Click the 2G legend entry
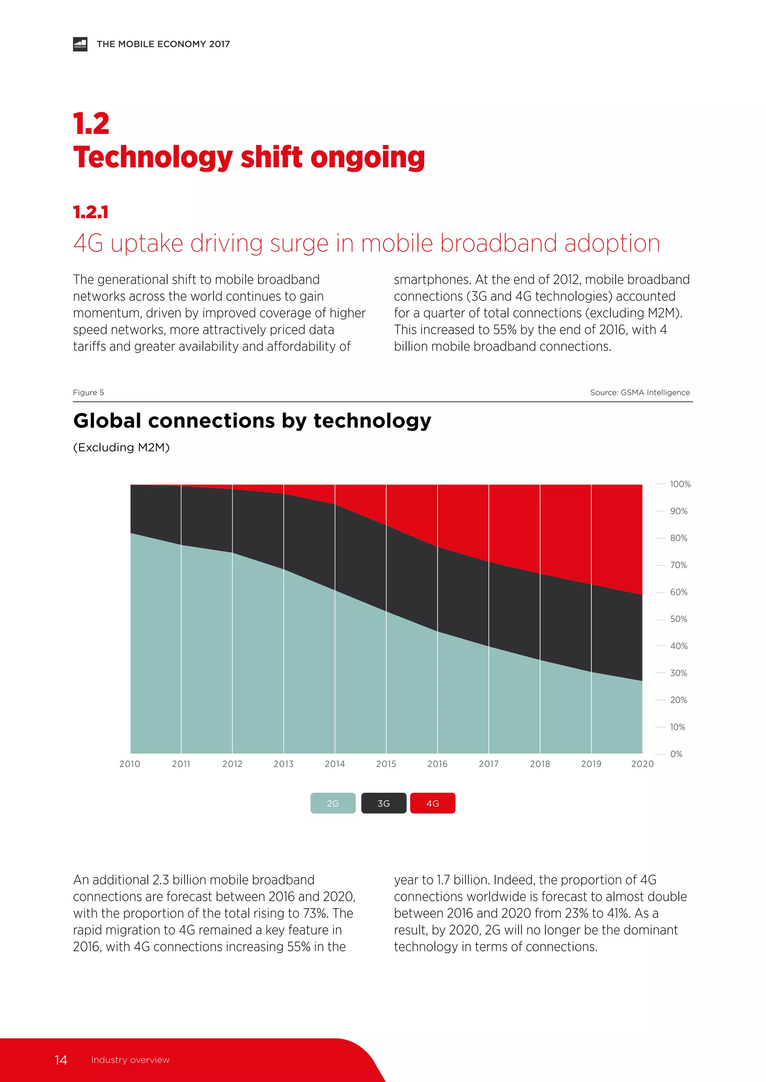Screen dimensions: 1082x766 point(333,803)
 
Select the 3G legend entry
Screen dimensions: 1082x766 point(383,803)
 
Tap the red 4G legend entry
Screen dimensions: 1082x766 point(432,803)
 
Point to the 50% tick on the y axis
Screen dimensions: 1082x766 point(678,619)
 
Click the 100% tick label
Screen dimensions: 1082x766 point(680,484)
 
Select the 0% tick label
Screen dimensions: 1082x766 point(676,754)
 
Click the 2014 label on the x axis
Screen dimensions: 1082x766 point(334,764)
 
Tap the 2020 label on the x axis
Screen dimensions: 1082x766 point(642,764)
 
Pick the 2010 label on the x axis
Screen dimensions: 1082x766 point(130,764)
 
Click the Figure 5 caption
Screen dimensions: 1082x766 point(88,393)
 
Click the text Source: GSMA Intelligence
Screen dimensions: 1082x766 point(640,393)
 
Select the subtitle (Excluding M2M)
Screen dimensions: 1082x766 point(121,447)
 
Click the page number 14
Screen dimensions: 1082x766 point(61,1060)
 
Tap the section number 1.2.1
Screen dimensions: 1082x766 point(91,212)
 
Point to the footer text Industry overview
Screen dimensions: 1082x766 point(130,1060)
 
